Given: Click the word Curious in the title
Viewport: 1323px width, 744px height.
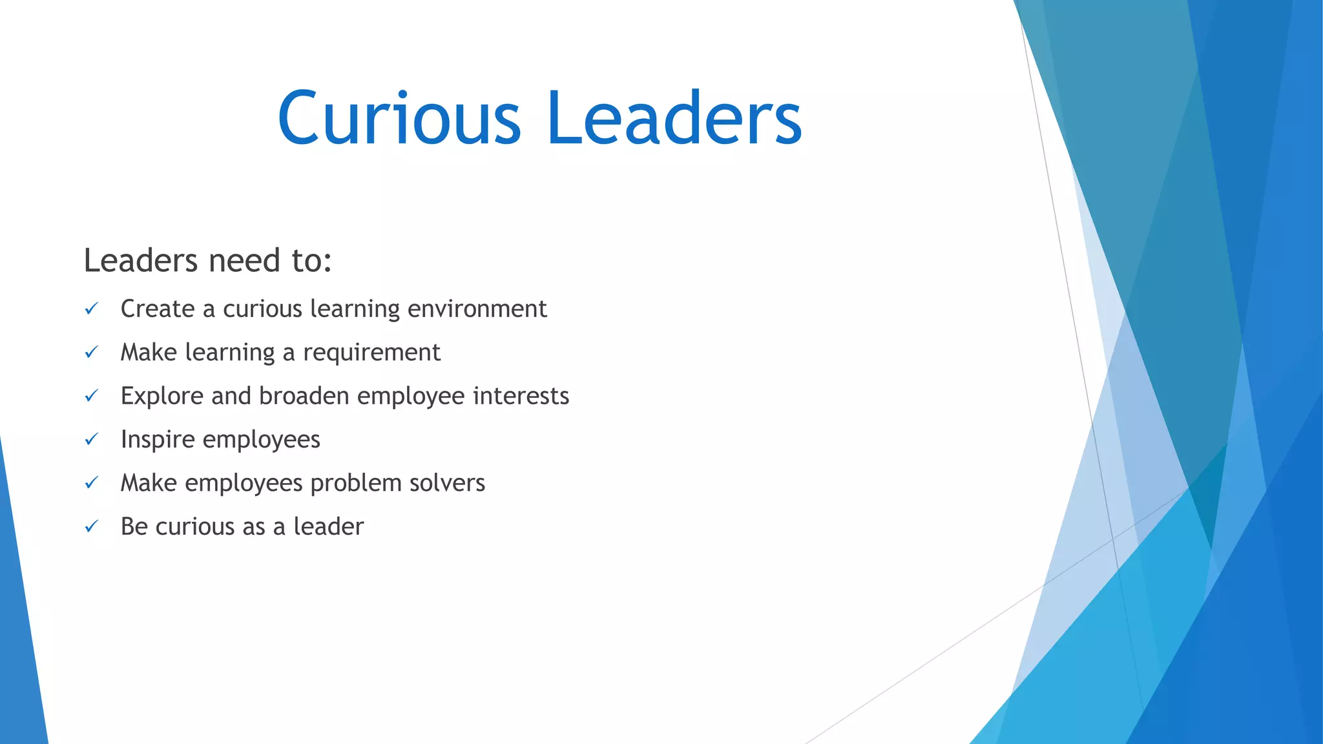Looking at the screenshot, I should [x=399, y=118].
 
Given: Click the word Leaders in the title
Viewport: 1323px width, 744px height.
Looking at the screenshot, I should [x=674, y=118].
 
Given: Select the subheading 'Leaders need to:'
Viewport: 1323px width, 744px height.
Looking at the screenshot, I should [x=207, y=261].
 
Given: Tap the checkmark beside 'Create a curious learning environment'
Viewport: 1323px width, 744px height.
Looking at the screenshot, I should [x=91, y=309].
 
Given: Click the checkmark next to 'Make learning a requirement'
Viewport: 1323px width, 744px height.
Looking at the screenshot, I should [x=91, y=352].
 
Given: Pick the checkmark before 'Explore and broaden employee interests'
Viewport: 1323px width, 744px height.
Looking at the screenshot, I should [x=91, y=396].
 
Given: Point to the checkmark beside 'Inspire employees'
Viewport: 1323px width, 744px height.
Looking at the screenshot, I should [x=91, y=439].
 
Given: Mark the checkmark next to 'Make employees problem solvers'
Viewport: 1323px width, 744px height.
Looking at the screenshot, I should [x=91, y=483].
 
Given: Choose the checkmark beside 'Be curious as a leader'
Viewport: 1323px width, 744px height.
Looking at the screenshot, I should [x=91, y=526].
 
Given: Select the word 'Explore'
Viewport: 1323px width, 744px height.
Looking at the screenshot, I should [x=162, y=396].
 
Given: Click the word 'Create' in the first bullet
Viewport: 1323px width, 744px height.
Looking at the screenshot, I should [x=158, y=309].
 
